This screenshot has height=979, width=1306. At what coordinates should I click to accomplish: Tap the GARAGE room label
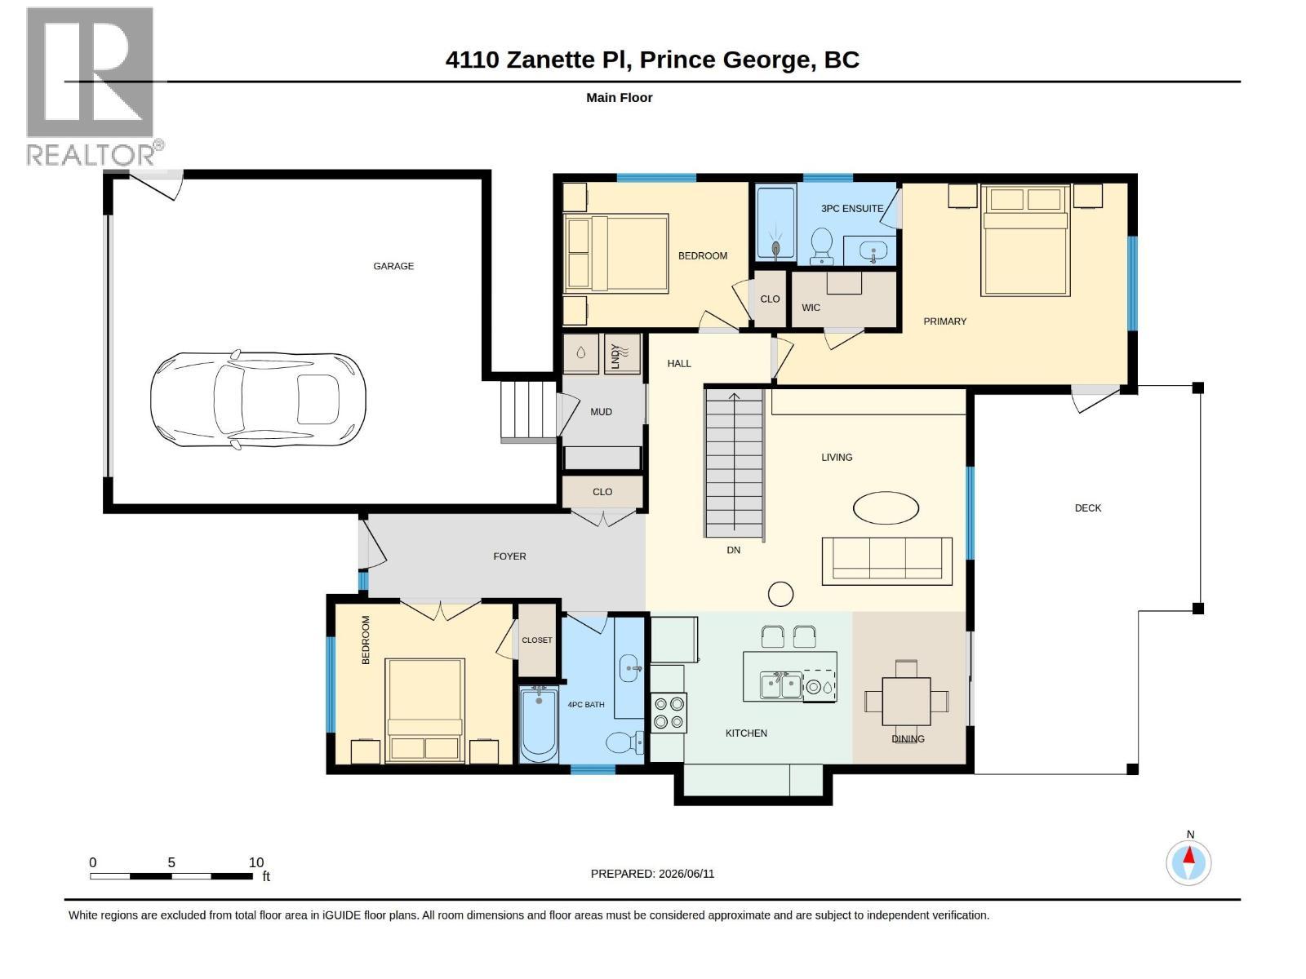tap(393, 266)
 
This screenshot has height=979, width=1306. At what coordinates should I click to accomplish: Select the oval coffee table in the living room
tap(886, 507)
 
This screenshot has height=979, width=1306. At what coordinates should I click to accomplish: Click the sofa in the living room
tap(886, 561)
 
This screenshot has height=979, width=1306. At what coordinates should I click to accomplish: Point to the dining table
tap(906, 702)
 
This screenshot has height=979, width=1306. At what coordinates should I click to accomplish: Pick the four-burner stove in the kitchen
tap(669, 712)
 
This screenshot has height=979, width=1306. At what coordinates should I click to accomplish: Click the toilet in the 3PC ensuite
tap(822, 245)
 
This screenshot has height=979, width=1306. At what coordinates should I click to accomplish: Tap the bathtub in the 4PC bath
tap(539, 724)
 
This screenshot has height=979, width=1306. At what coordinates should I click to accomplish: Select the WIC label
tap(811, 308)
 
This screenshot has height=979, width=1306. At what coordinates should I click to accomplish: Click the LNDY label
tap(615, 357)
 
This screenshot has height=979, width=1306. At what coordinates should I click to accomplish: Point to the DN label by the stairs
tap(733, 550)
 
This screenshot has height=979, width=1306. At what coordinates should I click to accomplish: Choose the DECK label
tap(1087, 507)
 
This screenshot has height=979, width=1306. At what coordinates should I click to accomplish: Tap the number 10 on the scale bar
tap(255, 862)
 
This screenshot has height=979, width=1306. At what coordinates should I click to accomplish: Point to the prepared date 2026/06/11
tap(686, 873)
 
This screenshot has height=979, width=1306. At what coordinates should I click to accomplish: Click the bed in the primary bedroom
tap(1025, 240)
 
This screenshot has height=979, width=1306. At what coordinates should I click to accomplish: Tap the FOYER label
tap(509, 556)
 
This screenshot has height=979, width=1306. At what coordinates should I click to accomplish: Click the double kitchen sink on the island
tap(780, 686)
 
